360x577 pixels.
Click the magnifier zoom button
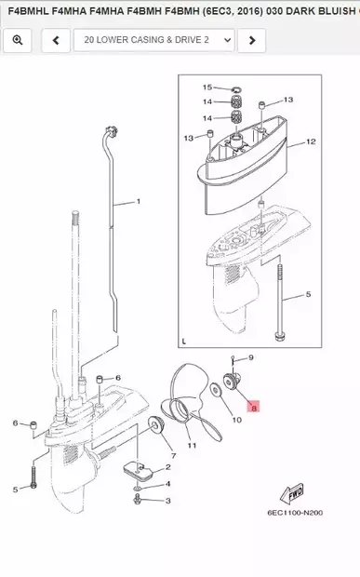point(18,40)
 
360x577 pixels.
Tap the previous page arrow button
point(56,40)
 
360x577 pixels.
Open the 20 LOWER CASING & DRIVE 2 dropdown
point(154,40)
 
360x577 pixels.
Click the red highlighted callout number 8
point(253,407)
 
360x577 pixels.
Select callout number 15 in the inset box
point(207,87)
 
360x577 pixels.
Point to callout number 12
point(311,141)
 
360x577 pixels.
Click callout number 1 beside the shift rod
point(139,201)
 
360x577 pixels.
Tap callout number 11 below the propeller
point(192,445)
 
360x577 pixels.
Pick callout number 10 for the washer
point(236,420)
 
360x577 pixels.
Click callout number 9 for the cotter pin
point(251,357)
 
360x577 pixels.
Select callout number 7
point(174,456)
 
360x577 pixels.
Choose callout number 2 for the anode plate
point(168,467)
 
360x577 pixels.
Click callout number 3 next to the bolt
point(168,501)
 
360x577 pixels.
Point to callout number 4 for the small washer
point(168,484)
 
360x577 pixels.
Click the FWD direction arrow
point(292,492)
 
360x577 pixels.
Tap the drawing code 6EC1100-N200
point(295,513)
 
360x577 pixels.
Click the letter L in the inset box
point(184,342)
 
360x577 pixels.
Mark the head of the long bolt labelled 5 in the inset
point(279,336)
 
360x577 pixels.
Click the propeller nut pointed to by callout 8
point(232,381)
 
